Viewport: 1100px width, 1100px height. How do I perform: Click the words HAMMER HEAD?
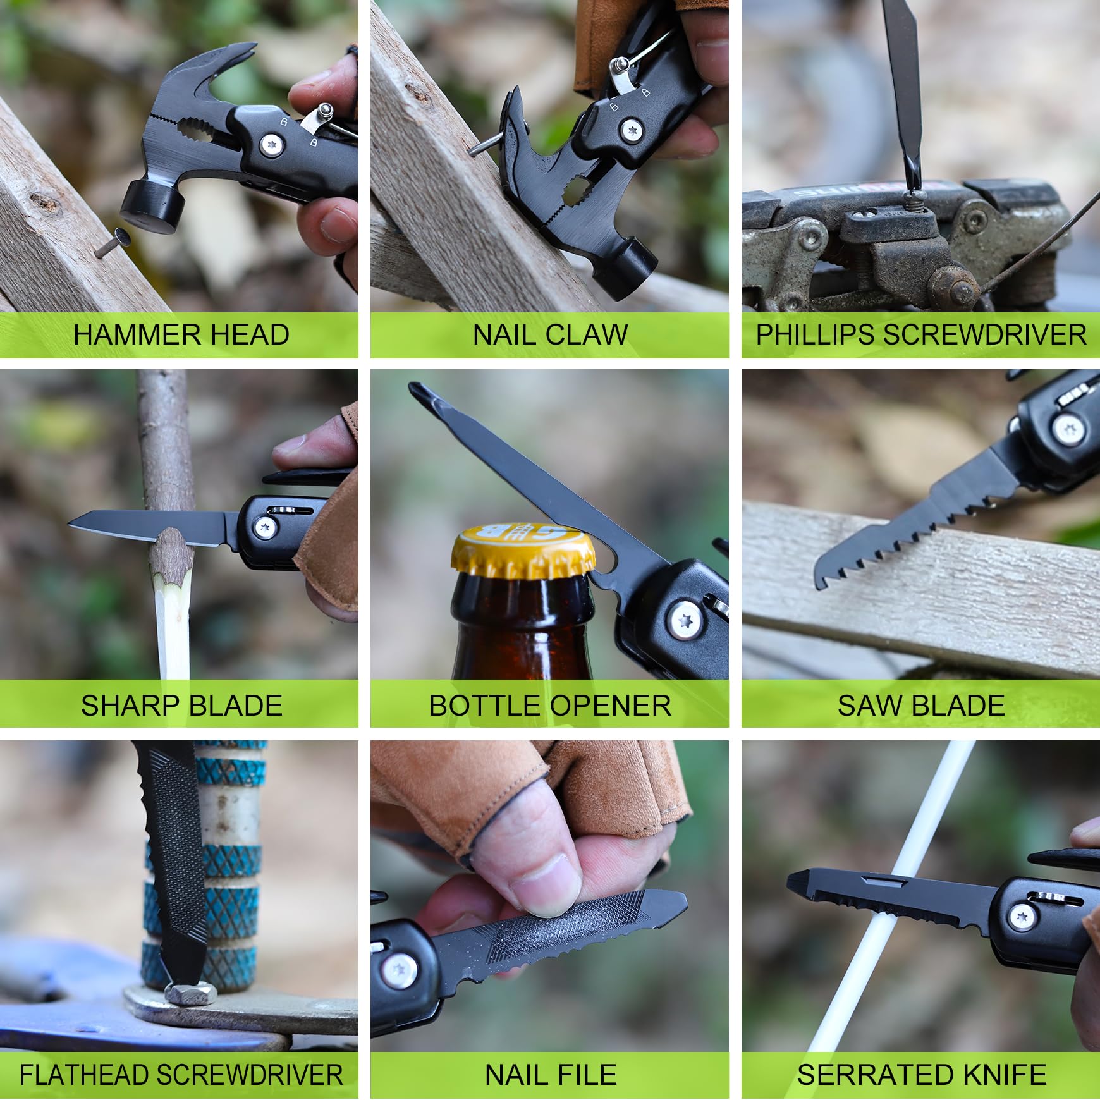[x=181, y=335]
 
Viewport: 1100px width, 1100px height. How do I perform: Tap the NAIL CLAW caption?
[x=550, y=335]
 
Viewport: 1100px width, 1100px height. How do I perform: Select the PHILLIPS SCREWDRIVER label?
[x=920, y=335]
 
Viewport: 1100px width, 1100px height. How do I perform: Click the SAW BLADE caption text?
[x=920, y=706]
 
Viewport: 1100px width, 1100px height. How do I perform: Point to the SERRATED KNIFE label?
[x=921, y=1075]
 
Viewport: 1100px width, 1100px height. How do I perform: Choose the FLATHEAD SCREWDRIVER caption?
[x=181, y=1075]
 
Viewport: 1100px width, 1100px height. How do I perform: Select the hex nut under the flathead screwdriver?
[x=190, y=993]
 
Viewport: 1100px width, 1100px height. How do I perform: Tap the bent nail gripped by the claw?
[x=484, y=147]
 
